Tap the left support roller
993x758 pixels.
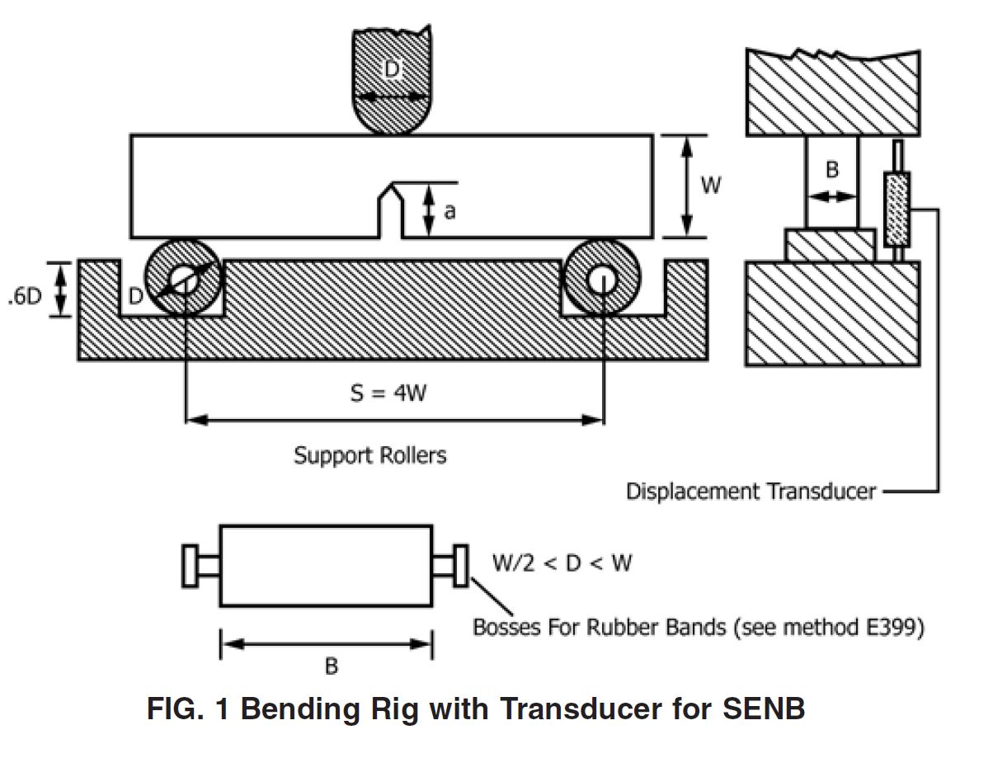(184, 279)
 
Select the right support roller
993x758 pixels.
(603, 279)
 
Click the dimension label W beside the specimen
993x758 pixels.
(710, 186)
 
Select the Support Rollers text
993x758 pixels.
(370, 454)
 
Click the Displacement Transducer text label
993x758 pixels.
(751, 492)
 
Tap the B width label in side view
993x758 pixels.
(831, 170)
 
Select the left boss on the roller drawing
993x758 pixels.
(191, 565)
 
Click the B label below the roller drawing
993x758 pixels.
(331, 666)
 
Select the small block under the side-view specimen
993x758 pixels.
(831, 245)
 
